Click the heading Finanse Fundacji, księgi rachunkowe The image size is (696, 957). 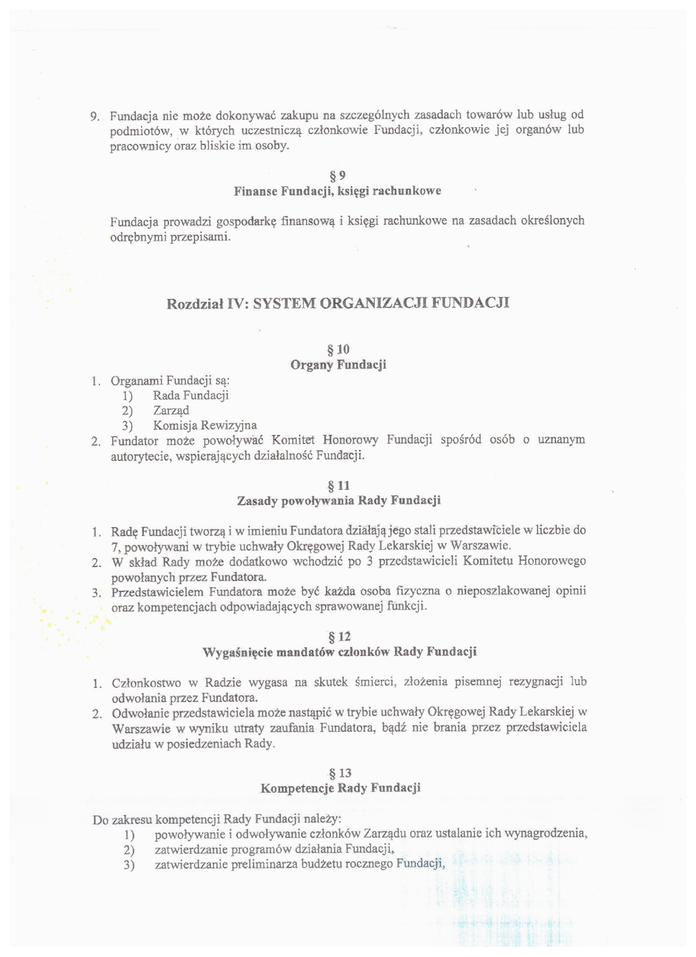click(x=338, y=191)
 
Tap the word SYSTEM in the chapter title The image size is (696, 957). click(x=283, y=303)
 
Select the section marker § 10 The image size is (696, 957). click(x=338, y=349)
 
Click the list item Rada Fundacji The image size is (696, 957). click(x=191, y=395)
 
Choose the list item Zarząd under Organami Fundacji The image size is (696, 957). click(x=171, y=410)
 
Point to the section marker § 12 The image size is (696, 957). click(x=339, y=636)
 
